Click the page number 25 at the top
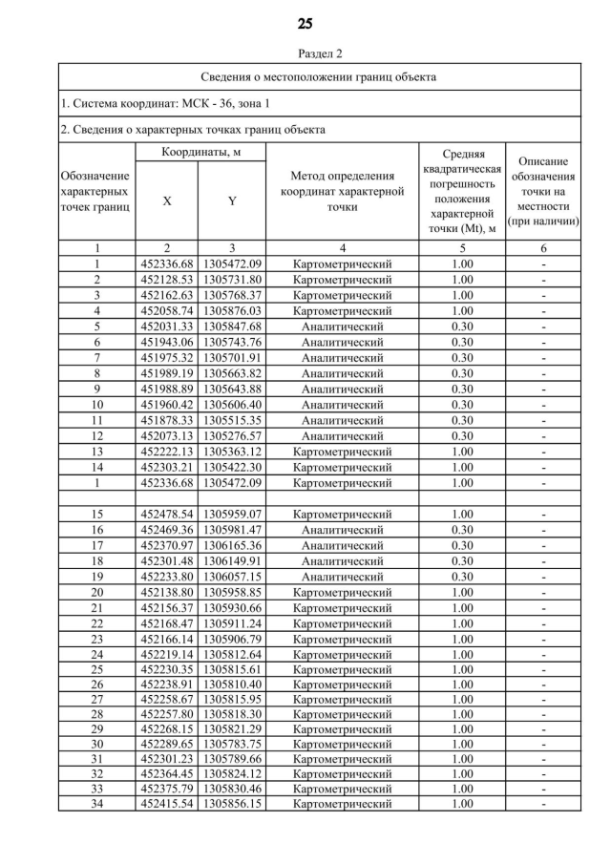(305, 23)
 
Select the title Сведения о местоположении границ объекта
(320, 76)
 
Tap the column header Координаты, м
(200, 153)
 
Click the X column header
(167, 200)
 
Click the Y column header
(232, 200)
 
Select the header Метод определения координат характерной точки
(342, 191)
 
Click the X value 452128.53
(167, 280)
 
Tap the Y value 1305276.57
(232, 435)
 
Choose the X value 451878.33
(167, 420)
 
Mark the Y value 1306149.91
(232, 560)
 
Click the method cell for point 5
(342, 327)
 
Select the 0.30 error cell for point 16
(462, 530)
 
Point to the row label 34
(96, 805)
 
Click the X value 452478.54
(167, 514)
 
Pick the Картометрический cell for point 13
(342, 451)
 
